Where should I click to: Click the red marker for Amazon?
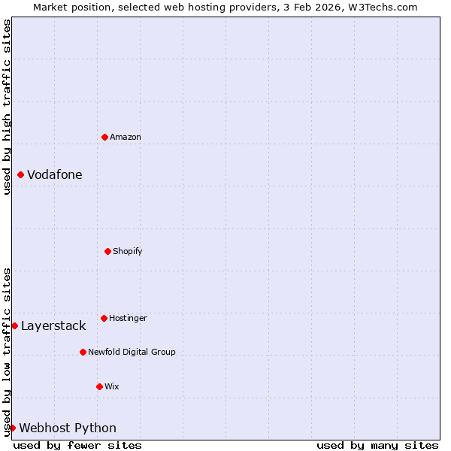[x=104, y=137]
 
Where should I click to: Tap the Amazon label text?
[x=126, y=137]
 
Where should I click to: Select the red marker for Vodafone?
[x=20, y=175]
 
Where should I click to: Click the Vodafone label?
[x=55, y=175]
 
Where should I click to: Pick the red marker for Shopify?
[x=107, y=251]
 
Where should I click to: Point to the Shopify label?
[x=128, y=251]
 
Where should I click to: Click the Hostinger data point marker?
[x=104, y=318]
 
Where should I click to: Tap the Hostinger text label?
[x=128, y=318]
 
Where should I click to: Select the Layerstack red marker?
[x=14, y=325]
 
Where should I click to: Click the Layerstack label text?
[x=53, y=325]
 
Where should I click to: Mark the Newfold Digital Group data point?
[x=83, y=352]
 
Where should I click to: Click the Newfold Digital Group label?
[x=132, y=352]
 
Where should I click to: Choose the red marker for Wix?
[x=99, y=386]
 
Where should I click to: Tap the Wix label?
[x=112, y=386]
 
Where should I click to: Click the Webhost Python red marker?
[x=12, y=428]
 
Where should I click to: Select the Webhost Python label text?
[x=68, y=428]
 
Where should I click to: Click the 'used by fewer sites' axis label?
[x=77, y=445]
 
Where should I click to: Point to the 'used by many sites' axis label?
[x=377, y=445]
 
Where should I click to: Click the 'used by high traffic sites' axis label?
[x=7, y=107]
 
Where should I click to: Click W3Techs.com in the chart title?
[x=382, y=7]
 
